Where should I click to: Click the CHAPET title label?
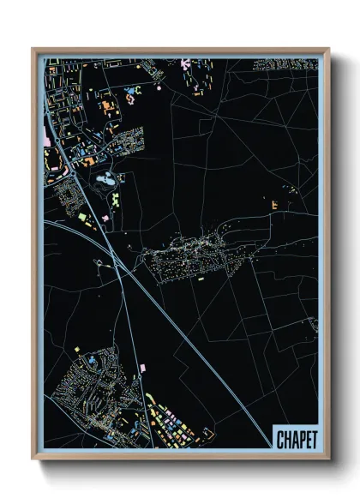[x=296, y=439]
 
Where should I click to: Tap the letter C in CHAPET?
[x=281, y=439]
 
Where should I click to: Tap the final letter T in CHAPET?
[x=312, y=439]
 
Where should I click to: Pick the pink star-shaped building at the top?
[x=188, y=63]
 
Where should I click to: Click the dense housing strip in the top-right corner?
[x=287, y=63]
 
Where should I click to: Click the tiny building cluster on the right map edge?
[x=313, y=326]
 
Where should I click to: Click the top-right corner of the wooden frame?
[x=327, y=50]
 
